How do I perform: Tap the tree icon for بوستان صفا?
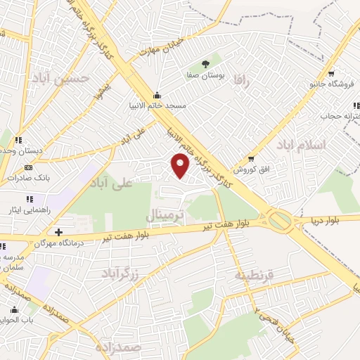(205, 64)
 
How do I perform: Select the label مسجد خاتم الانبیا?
(161, 105)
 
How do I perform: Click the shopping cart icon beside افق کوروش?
(251, 158)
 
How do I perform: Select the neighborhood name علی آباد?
(111, 185)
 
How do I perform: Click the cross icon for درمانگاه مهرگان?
(59, 231)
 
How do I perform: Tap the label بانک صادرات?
(22, 179)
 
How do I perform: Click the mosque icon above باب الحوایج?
(14, 309)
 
